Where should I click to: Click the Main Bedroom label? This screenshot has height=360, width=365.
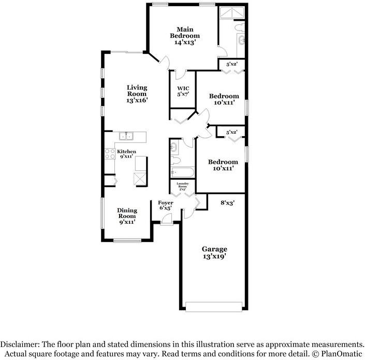[x=185, y=36]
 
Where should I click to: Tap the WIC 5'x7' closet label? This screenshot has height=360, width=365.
[x=183, y=91]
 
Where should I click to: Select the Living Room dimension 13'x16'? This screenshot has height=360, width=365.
[x=137, y=101]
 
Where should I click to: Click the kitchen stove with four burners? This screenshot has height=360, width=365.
[x=110, y=154]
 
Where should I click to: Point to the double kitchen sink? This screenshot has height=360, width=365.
[x=127, y=137]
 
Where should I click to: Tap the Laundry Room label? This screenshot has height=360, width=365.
[x=183, y=186]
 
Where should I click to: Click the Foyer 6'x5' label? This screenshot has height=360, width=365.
[x=166, y=205]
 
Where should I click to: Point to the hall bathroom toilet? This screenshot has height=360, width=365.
[x=174, y=149]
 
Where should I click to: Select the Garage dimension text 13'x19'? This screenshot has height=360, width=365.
[x=214, y=256]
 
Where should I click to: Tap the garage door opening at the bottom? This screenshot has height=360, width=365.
[x=214, y=307]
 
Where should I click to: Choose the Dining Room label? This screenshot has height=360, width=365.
[x=127, y=213]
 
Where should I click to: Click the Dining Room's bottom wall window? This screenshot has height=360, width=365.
[x=127, y=240]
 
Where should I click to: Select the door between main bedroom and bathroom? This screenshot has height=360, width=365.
[x=222, y=52]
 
